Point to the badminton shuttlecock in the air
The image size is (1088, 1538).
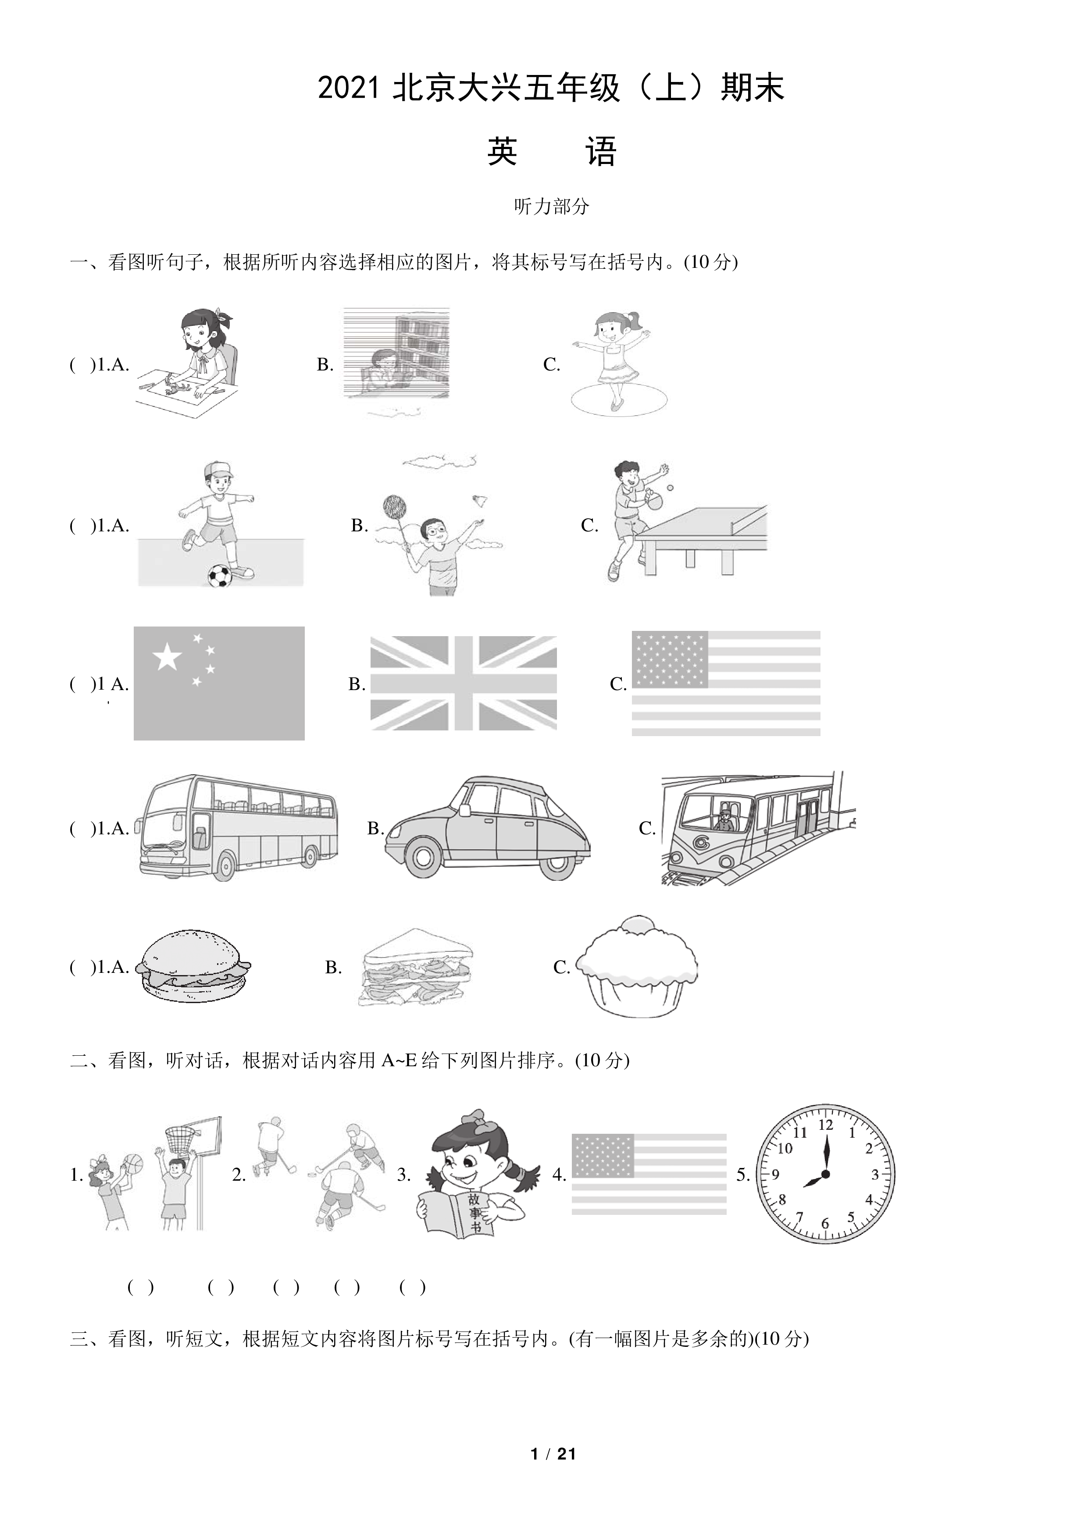pos(480,500)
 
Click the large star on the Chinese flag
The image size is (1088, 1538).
pos(167,656)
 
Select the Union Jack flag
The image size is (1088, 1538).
pos(464,683)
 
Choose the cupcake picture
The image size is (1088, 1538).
pos(636,966)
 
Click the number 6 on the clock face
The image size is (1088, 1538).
pos(825,1223)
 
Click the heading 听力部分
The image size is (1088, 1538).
pos(551,206)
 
